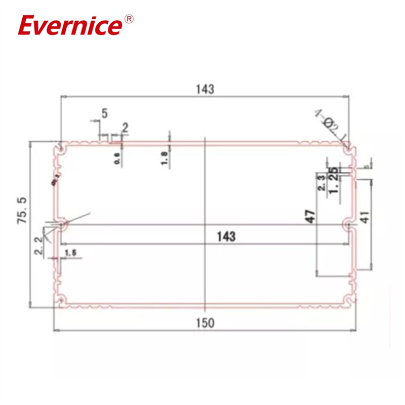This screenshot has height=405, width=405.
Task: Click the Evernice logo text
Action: coord(70,26)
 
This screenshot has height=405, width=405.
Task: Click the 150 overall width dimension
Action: coord(205,322)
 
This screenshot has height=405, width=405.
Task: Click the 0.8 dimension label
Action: coord(117,158)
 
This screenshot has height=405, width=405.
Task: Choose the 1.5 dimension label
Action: coord(70,252)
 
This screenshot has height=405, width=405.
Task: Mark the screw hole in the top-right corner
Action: coord(349,147)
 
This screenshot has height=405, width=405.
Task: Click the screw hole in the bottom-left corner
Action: coord(61,301)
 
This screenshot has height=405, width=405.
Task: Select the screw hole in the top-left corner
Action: coord(61,148)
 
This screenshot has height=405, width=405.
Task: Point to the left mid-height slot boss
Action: coord(62,224)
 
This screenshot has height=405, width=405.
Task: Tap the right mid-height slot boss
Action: coord(348,224)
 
